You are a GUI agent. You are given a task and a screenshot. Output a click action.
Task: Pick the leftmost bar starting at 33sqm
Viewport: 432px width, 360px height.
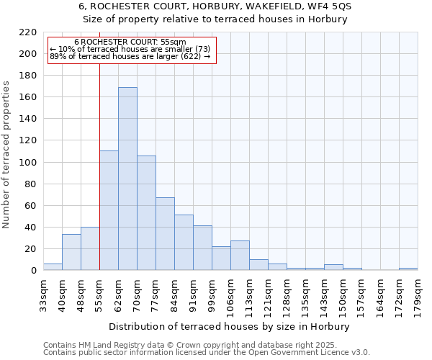tap(53, 267)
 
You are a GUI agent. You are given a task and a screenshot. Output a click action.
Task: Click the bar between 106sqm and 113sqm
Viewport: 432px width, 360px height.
tap(240, 256)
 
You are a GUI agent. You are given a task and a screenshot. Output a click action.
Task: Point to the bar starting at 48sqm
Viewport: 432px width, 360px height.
tap(90, 249)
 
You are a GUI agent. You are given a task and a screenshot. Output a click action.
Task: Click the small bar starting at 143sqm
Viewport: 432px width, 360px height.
tap(333, 267)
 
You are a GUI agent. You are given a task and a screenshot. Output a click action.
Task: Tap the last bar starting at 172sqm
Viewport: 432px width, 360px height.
tap(408, 269)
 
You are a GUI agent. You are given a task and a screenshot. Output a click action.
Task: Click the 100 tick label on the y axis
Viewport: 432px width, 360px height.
tap(27, 163)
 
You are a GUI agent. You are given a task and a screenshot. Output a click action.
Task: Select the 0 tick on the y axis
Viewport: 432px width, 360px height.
tap(33, 271)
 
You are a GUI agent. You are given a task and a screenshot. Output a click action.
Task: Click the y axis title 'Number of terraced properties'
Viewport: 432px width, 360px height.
tap(7, 155)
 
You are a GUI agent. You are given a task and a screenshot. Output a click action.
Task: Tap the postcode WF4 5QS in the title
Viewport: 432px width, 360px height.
tap(327, 6)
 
